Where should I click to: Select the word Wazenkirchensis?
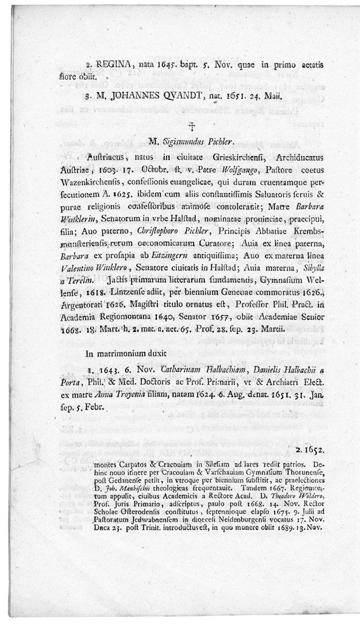(x=102, y=182)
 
